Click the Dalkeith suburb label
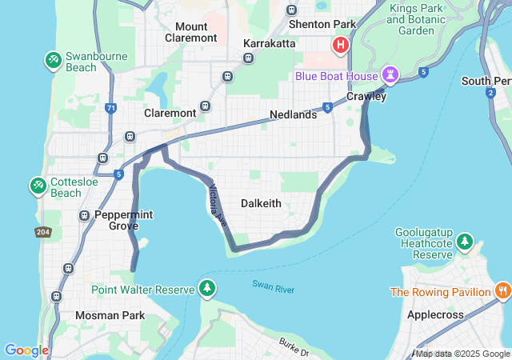[x=261, y=203]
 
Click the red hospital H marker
[x=341, y=45]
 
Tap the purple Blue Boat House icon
[x=390, y=75]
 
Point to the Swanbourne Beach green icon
[x=54, y=59]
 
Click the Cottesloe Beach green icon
[x=38, y=186]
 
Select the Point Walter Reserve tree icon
[x=207, y=288]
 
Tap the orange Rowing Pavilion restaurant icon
[x=502, y=291]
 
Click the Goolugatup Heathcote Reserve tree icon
[x=465, y=241]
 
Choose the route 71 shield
[x=110, y=107]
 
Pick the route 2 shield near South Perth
[x=490, y=93]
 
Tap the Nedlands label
[x=293, y=114]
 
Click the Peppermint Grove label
[x=123, y=221]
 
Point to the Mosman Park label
[x=110, y=315]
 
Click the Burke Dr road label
[x=294, y=346]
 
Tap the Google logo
[x=26, y=350]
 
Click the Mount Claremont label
[x=190, y=32]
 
